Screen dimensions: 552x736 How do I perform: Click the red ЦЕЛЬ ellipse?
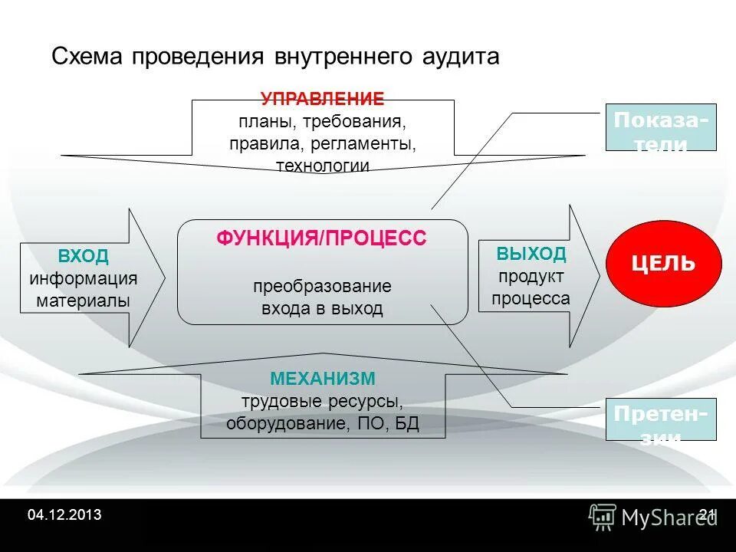tap(663, 264)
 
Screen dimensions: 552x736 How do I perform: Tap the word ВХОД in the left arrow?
tap(83, 256)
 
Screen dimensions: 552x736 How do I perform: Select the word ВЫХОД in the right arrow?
tap(531, 254)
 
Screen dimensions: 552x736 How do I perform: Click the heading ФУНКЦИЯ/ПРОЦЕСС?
tap(321, 238)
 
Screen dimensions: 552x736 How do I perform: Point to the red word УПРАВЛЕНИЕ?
tap(322, 99)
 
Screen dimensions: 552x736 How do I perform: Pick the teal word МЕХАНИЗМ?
tap(322, 379)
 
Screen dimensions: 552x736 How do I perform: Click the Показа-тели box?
tap(661, 127)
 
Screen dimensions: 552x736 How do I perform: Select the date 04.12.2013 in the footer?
tap(64, 514)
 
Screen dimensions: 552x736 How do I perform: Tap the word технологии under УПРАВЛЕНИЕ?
tap(322, 166)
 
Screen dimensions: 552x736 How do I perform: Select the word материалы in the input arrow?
tap(83, 301)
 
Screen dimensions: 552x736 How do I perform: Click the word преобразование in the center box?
tap(322, 287)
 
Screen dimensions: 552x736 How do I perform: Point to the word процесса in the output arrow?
tap(531, 298)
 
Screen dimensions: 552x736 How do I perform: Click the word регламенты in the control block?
tap(370, 143)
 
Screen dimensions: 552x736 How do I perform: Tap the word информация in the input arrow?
tap(83, 278)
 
